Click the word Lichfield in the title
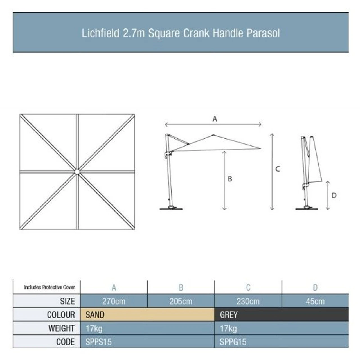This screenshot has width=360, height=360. point(100,33)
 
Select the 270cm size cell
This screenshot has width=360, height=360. point(114,301)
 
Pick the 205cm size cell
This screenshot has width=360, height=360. point(181,301)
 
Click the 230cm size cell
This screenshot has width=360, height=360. point(248,301)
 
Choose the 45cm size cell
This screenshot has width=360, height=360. point(315,301)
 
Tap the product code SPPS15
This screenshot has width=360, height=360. point(98,342)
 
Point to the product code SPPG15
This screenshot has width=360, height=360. point(233,342)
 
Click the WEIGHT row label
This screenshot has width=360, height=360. point(61,328)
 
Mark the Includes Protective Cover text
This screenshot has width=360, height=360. point(49,287)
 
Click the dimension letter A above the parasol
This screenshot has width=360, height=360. point(215,119)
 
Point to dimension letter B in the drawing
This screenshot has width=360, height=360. point(230,179)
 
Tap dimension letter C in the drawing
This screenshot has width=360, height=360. point(277,169)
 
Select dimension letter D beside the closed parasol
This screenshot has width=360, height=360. point(334,195)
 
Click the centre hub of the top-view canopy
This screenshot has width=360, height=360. point(77,172)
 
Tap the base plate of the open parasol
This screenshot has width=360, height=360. point(171,209)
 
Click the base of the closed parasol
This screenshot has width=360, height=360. point(307,209)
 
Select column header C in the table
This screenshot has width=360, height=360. point(248,287)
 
